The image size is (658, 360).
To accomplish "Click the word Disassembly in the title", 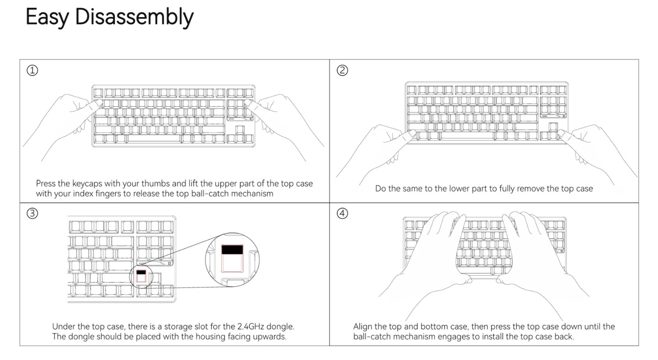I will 134,17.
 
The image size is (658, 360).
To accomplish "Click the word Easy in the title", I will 47,17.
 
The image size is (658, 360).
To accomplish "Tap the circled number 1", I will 32,70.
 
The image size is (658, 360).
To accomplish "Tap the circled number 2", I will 342,70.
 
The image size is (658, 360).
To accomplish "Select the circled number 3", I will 32,213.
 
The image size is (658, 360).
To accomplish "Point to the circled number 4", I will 342,213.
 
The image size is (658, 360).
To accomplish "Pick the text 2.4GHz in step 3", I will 252,327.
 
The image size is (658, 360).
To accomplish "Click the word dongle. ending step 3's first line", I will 280,327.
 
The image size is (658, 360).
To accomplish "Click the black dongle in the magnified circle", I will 232,250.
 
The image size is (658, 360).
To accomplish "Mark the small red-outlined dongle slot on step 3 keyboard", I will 141,276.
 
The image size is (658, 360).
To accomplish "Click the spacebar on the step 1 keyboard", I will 154,138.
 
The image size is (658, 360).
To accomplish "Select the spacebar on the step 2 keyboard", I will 467,136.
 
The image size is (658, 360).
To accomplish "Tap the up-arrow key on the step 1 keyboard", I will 240,130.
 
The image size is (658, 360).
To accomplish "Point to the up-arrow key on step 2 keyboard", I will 553,127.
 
